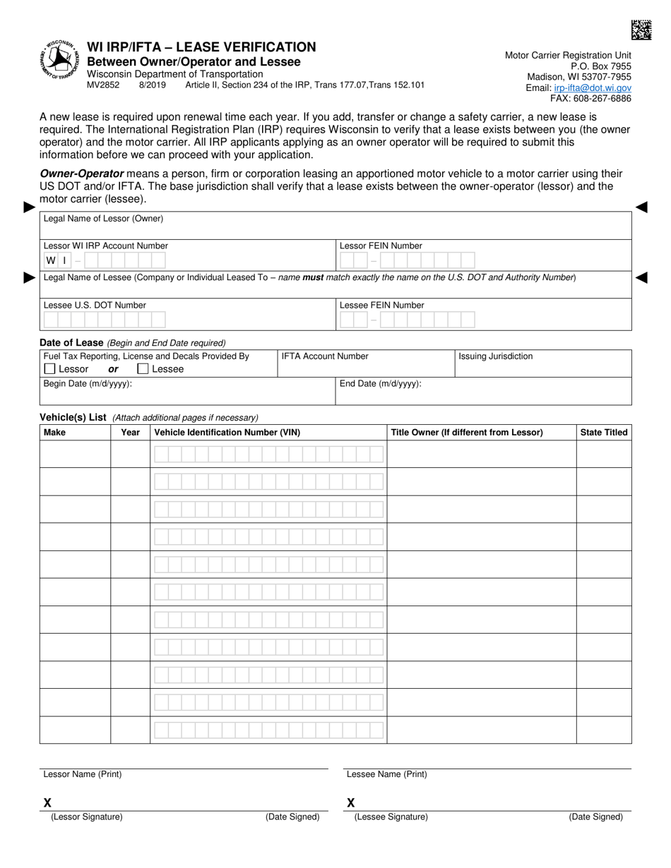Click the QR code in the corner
(x=641, y=30)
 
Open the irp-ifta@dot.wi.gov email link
(x=593, y=88)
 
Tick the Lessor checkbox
(x=49, y=368)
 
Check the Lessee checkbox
(x=143, y=368)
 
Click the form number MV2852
(x=103, y=85)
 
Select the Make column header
(x=54, y=432)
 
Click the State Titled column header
(x=603, y=432)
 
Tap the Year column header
(x=130, y=432)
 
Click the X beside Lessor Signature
(x=47, y=802)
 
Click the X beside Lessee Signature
(x=351, y=802)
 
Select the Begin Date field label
(x=88, y=384)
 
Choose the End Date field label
(x=380, y=384)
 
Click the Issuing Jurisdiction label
(x=495, y=356)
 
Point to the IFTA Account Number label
(x=325, y=356)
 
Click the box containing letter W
(x=51, y=260)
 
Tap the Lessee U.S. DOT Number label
(x=95, y=306)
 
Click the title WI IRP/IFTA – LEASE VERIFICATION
(x=201, y=47)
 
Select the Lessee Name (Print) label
(x=386, y=774)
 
